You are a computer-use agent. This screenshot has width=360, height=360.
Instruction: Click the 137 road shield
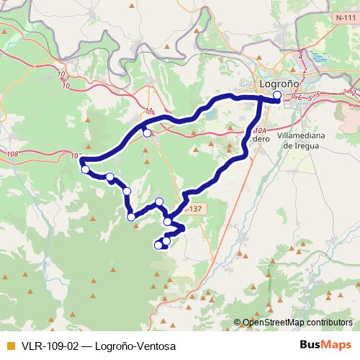[193, 209]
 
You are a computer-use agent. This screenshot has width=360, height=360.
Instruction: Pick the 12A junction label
[261, 131]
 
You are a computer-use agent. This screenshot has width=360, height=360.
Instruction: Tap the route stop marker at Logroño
[277, 94]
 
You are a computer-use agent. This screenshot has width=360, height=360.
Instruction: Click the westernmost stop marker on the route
[86, 170]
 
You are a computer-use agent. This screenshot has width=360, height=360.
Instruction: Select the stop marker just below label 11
[147, 132]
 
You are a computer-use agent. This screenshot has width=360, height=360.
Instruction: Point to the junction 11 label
[149, 111]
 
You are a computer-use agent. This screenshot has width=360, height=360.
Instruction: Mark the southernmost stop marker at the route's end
[158, 246]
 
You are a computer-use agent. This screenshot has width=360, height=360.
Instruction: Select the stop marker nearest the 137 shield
[168, 222]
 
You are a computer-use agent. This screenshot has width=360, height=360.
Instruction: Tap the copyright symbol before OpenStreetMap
[237, 323]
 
